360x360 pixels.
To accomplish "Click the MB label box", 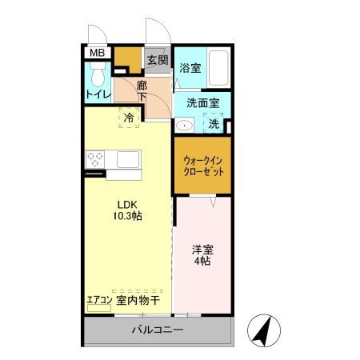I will coord(97,54).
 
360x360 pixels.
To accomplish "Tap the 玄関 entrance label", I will coord(157,60).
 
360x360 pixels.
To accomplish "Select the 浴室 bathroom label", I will coord(190,68).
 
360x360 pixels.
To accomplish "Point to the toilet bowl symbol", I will coord(98,78).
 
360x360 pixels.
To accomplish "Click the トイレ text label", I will coord(97,94).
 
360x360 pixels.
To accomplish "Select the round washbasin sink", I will coord(183,124).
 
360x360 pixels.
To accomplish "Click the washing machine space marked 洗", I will coord(214,123).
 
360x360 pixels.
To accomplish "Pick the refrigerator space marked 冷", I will coord(129,117).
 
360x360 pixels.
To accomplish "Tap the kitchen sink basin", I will coord(129,159).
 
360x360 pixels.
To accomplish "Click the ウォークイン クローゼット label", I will coord(202,165).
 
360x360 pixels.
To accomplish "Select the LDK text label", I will coord(128,203).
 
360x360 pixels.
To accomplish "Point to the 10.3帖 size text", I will coord(128,216).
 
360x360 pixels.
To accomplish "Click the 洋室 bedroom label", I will coord(201,249).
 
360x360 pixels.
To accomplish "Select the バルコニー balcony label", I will coord(158,330).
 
